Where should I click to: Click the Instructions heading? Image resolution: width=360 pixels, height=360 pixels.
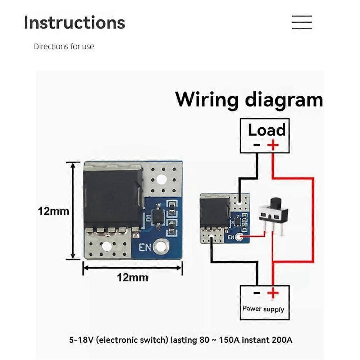pyautogui.click(x=74, y=22)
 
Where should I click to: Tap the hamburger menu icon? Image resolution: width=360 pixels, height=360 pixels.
pyautogui.click(x=301, y=22)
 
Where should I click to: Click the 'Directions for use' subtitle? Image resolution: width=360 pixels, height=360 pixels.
pyautogui.click(x=64, y=46)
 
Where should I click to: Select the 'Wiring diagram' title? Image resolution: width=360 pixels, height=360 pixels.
pyautogui.click(x=249, y=99)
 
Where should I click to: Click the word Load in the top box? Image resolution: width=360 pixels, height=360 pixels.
pyautogui.click(x=266, y=130)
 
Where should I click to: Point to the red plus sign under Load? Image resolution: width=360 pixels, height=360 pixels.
pyautogui.click(x=273, y=145)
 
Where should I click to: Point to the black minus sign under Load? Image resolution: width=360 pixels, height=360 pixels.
pyautogui.click(x=256, y=145)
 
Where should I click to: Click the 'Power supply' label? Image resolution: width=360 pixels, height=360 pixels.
pyautogui.click(x=263, y=309)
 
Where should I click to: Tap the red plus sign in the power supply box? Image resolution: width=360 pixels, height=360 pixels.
pyautogui.click(x=273, y=293)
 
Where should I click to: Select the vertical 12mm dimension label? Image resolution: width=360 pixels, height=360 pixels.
pyautogui.click(x=53, y=211)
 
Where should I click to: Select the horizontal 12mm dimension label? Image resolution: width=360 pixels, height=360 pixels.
pyautogui.click(x=132, y=277)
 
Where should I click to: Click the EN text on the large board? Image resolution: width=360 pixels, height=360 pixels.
pyautogui.click(x=145, y=247)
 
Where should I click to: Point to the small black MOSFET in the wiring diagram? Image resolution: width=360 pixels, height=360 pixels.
pyautogui.click(x=214, y=212)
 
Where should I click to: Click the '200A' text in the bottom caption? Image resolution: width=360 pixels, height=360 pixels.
pyautogui.click(x=282, y=340)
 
